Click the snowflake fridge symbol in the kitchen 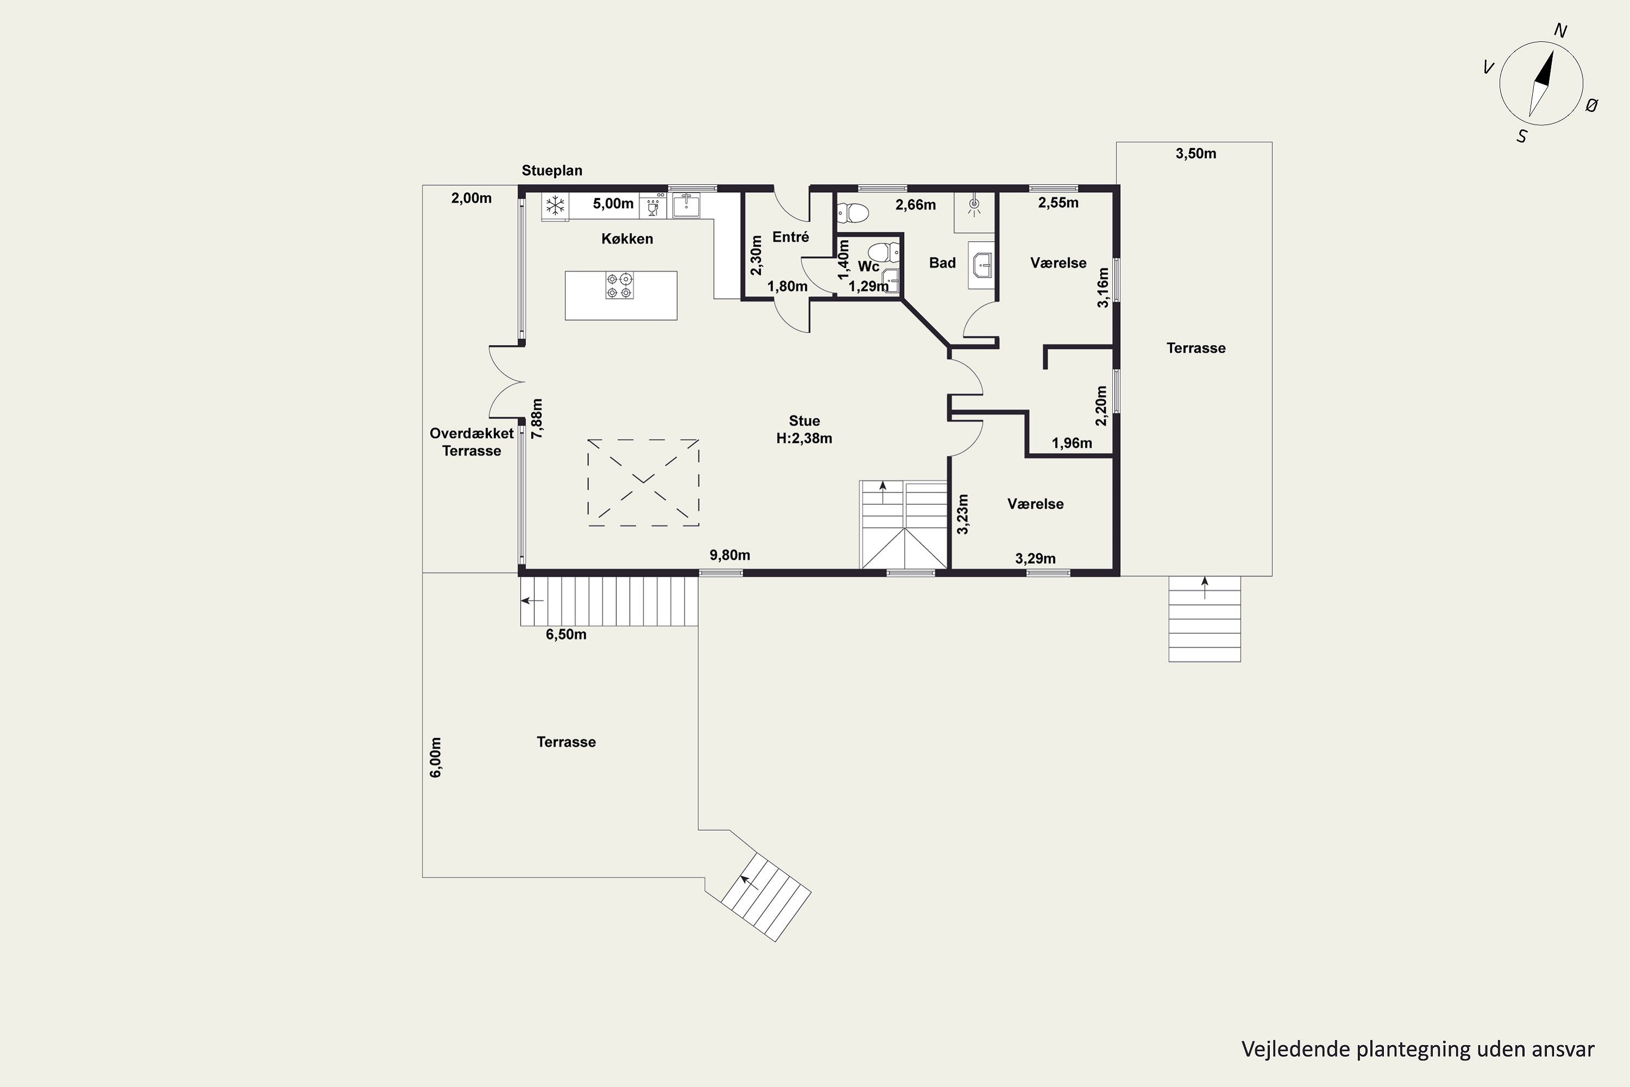point(554,205)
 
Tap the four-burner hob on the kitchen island point(619,286)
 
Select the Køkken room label point(627,239)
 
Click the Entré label point(791,237)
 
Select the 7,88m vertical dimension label point(537,418)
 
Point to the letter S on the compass point(1522,136)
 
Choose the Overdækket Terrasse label point(472,441)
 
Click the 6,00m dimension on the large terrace point(436,757)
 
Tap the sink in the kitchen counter point(686,205)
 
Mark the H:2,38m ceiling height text point(804,439)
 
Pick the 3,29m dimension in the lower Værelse point(1036,559)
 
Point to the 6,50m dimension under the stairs point(566,635)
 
